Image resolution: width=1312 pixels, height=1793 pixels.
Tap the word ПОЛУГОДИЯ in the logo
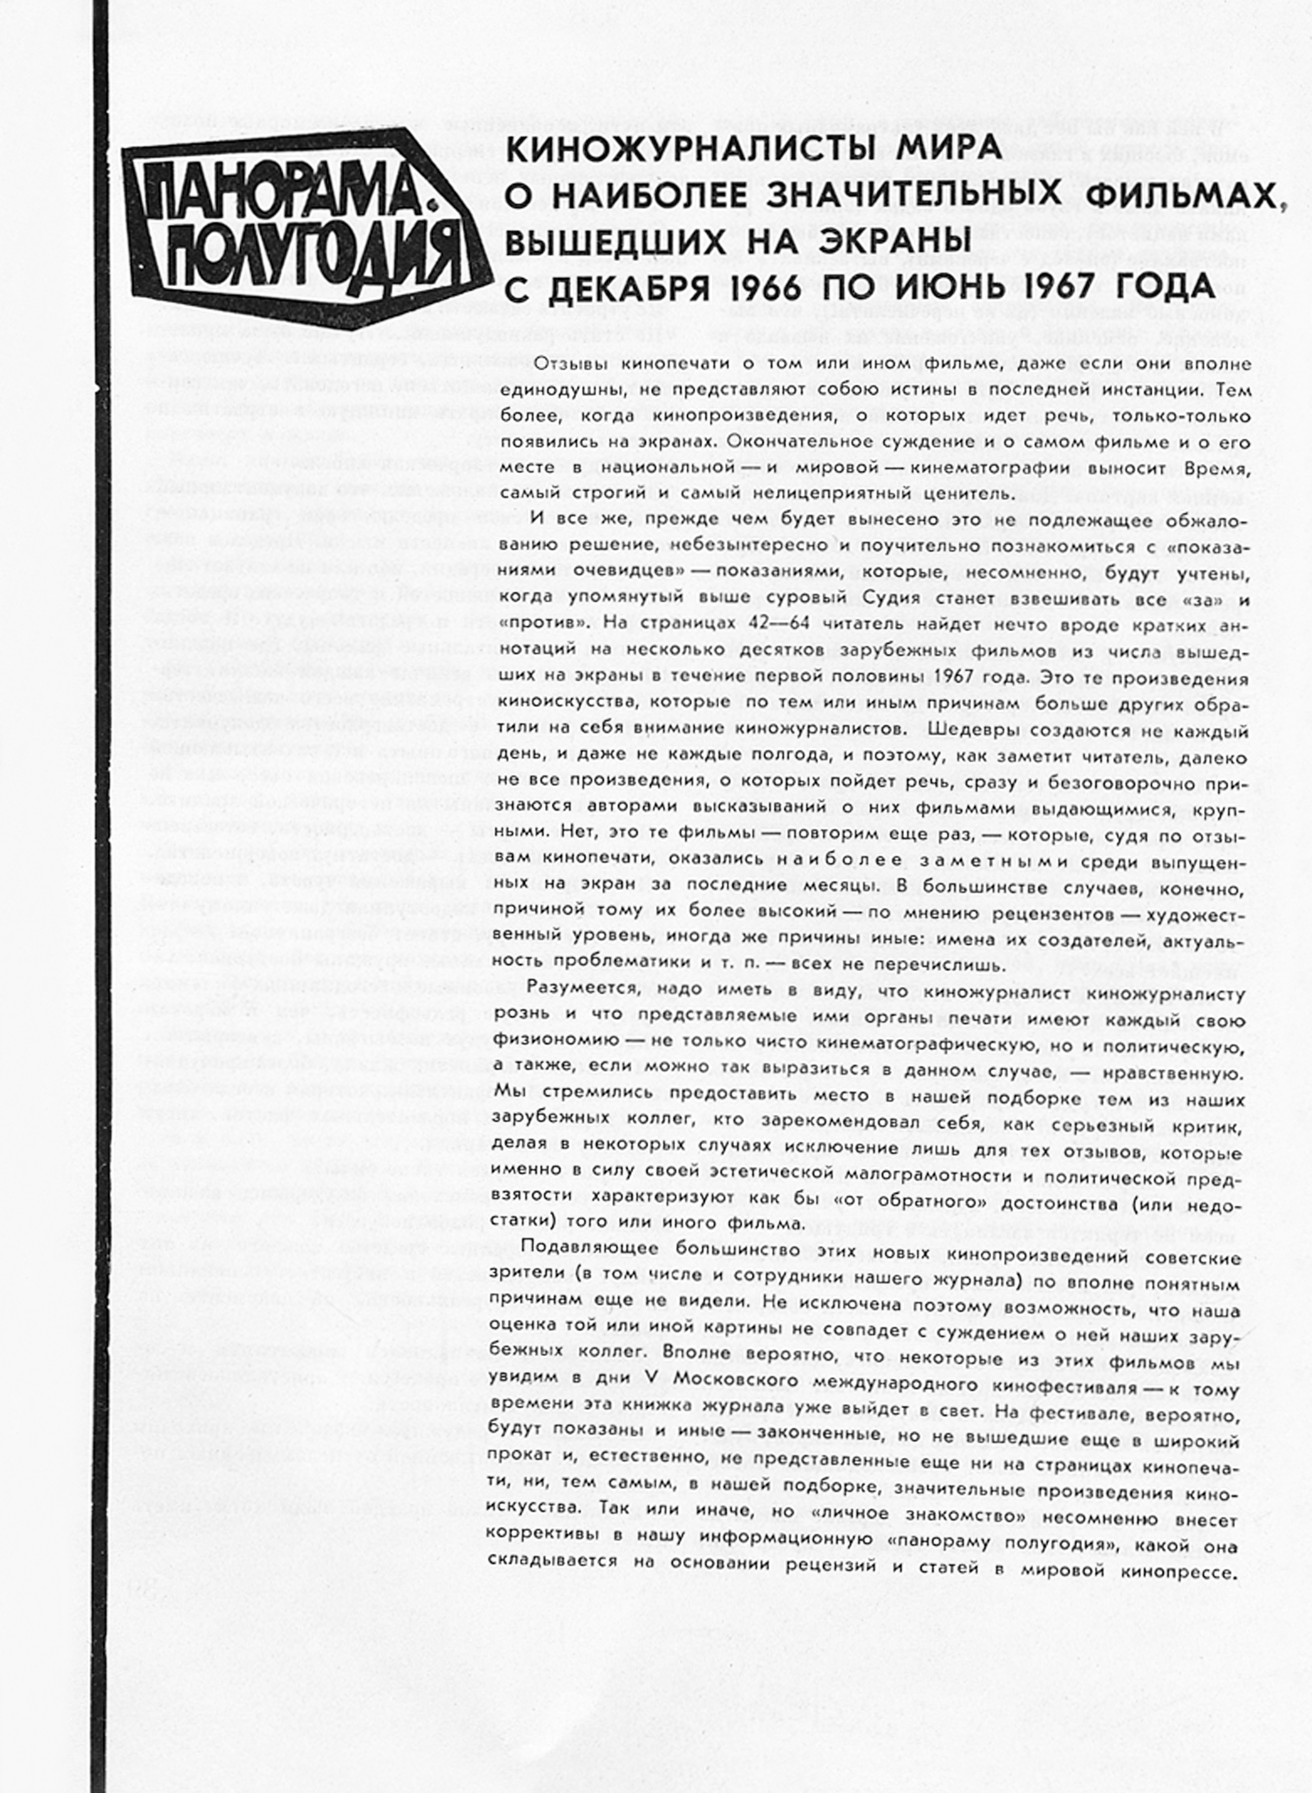click(x=310, y=254)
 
